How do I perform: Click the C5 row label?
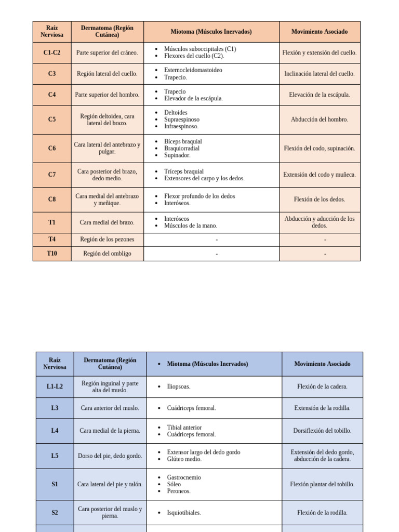pyautogui.click(x=52, y=119)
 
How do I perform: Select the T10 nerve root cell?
pyautogui.click(x=52, y=254)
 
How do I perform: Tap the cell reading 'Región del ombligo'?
pyautogui.click(x=107, y=254)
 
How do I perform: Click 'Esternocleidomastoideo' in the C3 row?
pyautogui.click(x=193, y=70)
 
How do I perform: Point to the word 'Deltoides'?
pyautogui.click(x=176, y=112)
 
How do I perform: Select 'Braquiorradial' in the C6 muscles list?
pyautogui.click(x=181, y=148)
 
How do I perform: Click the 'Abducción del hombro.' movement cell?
pyautogui.click(x=320, y=119)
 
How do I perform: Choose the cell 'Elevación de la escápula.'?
pyautogui.click(x=320, y=95)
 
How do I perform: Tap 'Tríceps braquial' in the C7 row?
pyautogui.click(x=184, y=171)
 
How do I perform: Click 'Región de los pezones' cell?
pyautogui.click(x=107, y=240)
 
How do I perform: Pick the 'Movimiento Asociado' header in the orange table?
pyautogui.click(x=320, y=32)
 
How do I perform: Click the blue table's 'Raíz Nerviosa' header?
pyautogui.click(x=55, y=364)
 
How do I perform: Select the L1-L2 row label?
pyautogui.click(x=55, y=387)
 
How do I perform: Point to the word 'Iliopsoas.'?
pyautogui.click(x=179, y=387)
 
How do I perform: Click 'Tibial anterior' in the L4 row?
pyautogui.click(x=184, y=428)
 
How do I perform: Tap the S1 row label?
pyautogui.click(x=55, y=484)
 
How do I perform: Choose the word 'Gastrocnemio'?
pyautogui.click(x=184, y=477)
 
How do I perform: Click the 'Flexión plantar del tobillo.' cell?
pyautogui.click(x=322, y=484)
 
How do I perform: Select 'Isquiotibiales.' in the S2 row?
pyautogui.click(x=184, y=513)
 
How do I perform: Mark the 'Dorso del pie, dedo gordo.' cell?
pyautogui.click(x=110, y=456)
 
